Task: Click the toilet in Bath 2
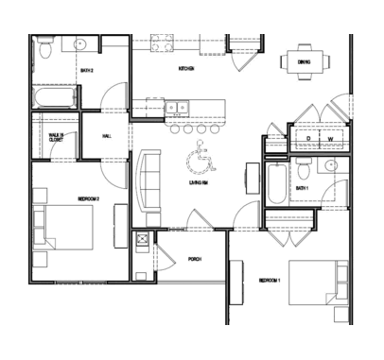coord(44,54)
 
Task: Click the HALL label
coord(107,137)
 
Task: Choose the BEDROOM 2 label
coord(89,198)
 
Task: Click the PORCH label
coord(195,259)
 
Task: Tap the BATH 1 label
coord(302,189)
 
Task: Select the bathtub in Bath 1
coord(274,183)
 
